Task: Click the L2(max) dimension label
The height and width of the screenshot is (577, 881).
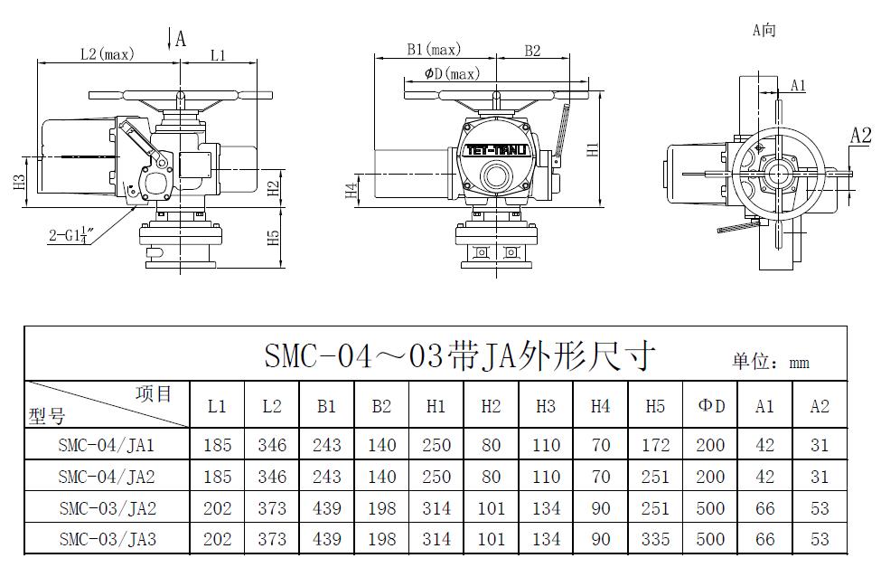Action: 108,54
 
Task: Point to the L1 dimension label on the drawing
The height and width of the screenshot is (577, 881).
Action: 218,55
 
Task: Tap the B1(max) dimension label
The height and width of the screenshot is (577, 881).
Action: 434,50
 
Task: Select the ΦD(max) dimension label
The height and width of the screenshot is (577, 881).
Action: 453,73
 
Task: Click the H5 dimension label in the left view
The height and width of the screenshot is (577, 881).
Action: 273,237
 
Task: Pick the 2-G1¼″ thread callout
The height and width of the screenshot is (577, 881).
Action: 70,234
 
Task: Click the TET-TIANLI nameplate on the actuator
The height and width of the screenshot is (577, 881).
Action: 496,150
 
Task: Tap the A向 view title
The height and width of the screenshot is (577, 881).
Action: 764,30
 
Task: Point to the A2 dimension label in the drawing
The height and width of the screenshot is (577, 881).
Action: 860,136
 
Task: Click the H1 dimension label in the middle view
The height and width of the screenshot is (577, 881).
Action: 593,149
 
